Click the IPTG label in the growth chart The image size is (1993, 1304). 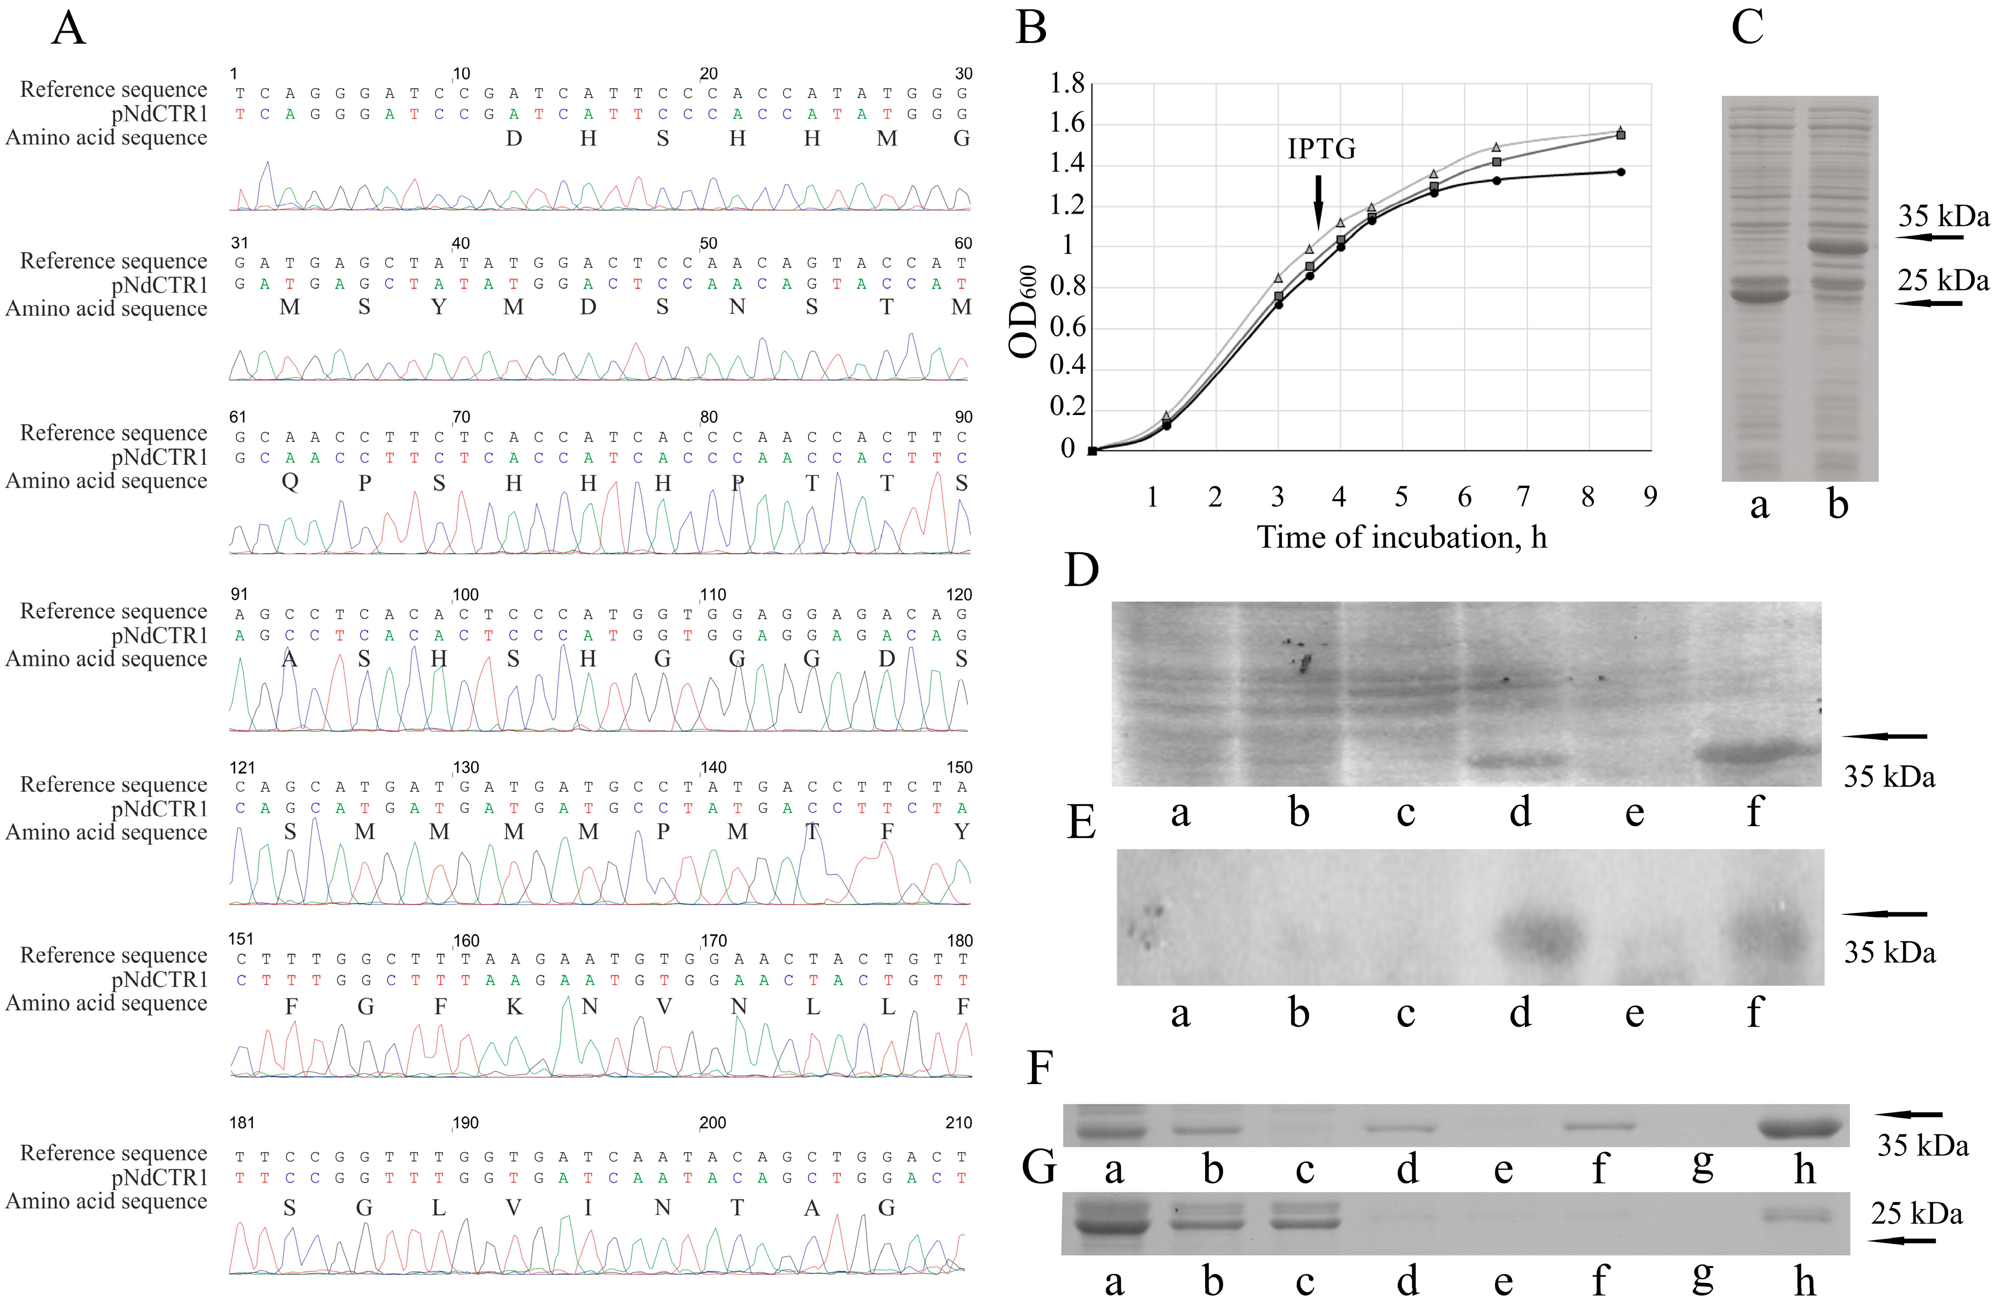point(1321,149)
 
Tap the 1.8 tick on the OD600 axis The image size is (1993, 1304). point(1067,84)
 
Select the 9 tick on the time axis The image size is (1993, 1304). point(1650,497)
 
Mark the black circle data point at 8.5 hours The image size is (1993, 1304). point(1621,172)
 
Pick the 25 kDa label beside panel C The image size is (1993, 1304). point(1943,281)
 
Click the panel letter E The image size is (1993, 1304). point(1081,822)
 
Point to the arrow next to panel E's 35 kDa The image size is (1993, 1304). point(1884,914)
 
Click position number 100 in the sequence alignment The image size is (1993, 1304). point(466,595)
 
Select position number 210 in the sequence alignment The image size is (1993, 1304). point(959,1123)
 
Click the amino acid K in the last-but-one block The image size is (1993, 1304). point(514,1006)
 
